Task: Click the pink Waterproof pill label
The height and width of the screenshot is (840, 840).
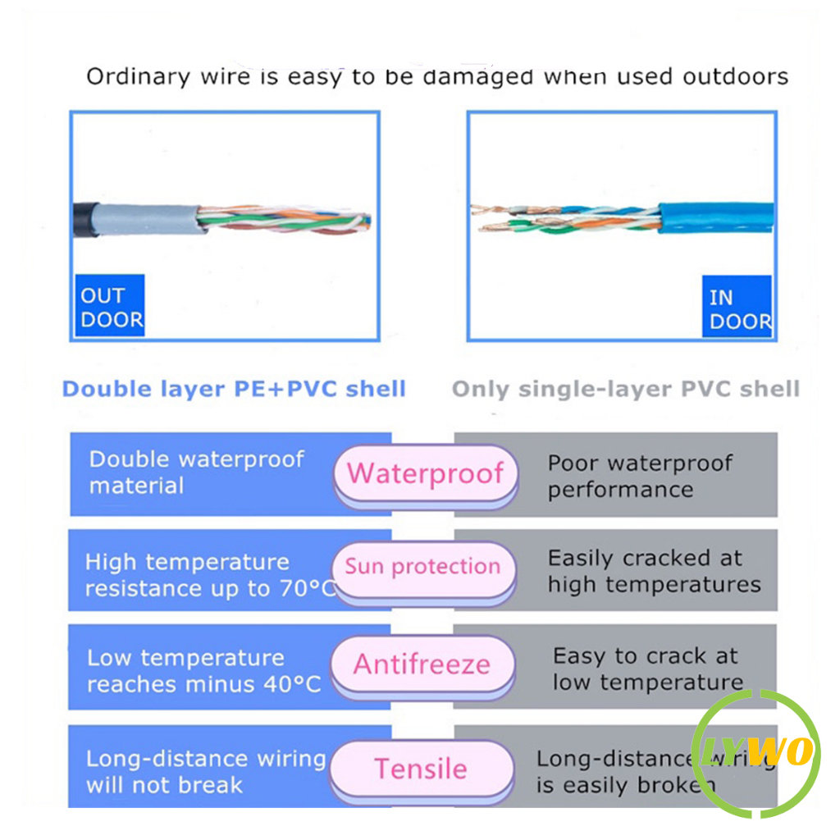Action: [x=425, y=473]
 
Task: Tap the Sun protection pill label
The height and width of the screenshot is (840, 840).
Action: [x=422, y=567]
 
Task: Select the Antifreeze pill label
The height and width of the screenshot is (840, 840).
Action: [x=422, y=664]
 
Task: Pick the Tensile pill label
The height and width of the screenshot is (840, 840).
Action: [x=421, y=769]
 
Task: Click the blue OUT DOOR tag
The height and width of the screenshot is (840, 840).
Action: [x=110, y=307]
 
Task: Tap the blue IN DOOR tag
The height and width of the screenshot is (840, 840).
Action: [x=737, y=308]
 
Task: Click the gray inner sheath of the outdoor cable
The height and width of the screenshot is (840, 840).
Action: [x=144, y=219]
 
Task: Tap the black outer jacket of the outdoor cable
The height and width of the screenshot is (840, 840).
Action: [x=81, y=218]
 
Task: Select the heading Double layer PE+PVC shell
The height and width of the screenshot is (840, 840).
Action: [x=234, y=388]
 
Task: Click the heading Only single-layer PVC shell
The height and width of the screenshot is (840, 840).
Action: [x=625, y=388]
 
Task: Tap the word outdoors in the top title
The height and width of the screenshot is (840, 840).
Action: [x=735, y=77]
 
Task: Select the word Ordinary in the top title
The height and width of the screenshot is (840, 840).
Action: [x=138, y=78]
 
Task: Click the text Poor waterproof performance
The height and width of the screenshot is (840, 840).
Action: [x=640, y=476]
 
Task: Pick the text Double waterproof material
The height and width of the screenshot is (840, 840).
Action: [x=196, y=472]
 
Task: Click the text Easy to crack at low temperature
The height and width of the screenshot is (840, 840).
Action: [x=646, y=669]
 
